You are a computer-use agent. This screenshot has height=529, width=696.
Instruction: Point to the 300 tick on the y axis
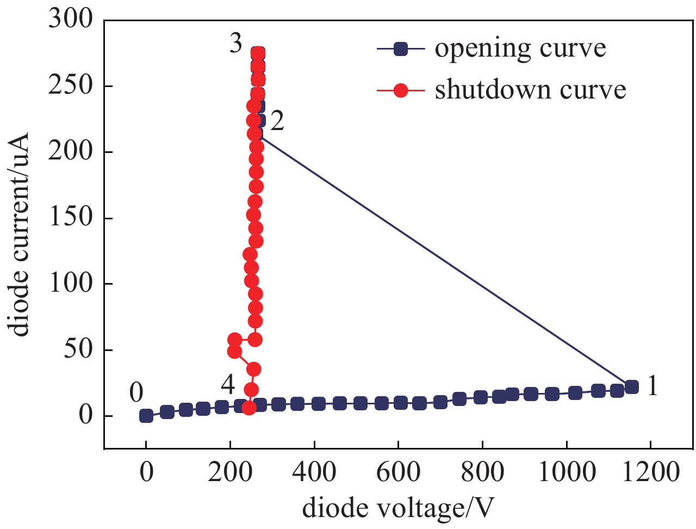[71, 20]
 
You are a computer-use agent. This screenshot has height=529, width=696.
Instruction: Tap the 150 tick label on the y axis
[71, 218]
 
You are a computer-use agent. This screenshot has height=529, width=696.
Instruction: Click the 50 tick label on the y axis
[79, 349]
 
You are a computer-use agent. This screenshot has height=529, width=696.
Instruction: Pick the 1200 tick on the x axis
[650, 471]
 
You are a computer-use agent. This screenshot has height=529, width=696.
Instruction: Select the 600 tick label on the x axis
[398, 471]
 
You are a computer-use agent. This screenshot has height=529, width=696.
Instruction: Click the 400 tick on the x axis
[314, 471]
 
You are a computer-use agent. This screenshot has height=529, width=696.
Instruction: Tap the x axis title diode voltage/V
[398, 508]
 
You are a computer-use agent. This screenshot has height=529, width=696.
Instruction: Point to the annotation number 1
[652, 386]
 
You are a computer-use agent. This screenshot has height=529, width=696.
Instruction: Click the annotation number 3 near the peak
[235, 44]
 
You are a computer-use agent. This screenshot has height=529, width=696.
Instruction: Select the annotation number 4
[228, 385]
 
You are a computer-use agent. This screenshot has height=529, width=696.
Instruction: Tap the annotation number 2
[277, 121]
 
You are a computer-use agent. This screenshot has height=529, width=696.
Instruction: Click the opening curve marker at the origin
[146, 416]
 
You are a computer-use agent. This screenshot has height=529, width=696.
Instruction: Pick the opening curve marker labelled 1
[631, 387]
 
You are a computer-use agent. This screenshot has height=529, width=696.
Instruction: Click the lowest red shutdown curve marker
[249, 408]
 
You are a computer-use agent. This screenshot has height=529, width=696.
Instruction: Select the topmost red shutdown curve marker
[258, 53]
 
